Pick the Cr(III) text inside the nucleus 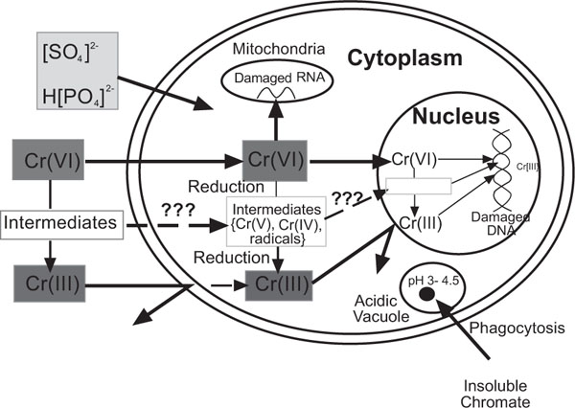coord(419,223)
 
